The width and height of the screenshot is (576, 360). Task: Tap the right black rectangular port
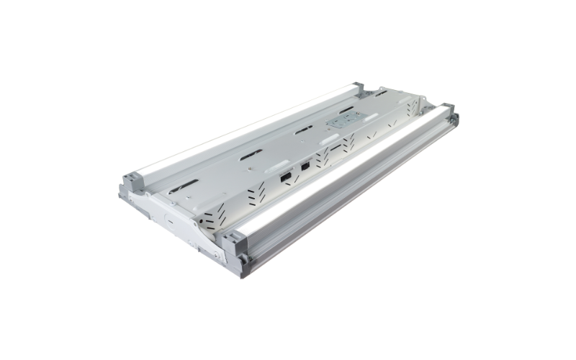click(x=306, y=166)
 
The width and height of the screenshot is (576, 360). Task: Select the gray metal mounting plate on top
click(x=341, y=123)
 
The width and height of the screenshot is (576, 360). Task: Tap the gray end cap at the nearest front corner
click(x=235, y=249)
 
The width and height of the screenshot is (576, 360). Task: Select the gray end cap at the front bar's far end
click(x=448, y=112)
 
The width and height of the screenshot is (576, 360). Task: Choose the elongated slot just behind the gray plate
click(x=346, y=109)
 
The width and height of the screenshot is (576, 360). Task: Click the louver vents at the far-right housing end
click(x=413, y=108)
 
